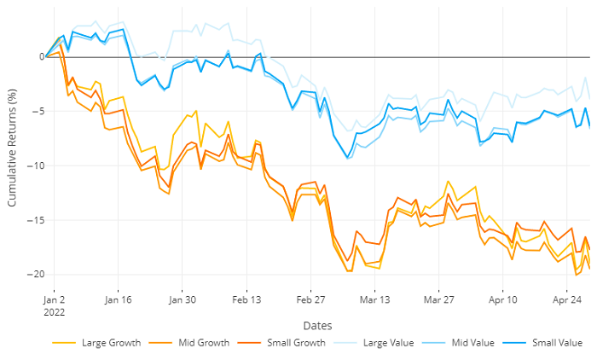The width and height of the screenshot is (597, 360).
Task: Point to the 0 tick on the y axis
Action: tap(39, 57)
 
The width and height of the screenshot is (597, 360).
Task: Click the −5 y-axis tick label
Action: tap(37, 111)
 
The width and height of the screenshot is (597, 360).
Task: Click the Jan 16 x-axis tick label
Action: tap(118, 300)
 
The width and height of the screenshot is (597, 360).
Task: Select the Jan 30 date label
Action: tap(183, 300)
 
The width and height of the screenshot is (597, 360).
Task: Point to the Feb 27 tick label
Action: tap(311, 300)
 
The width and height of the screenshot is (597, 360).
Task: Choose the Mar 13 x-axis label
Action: tap(374, 300)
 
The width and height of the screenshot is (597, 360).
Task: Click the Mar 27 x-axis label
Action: tap(439, 300)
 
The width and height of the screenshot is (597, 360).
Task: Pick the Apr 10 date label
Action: tap(503, 300)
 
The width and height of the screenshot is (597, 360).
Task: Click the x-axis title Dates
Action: tap(317, 325)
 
